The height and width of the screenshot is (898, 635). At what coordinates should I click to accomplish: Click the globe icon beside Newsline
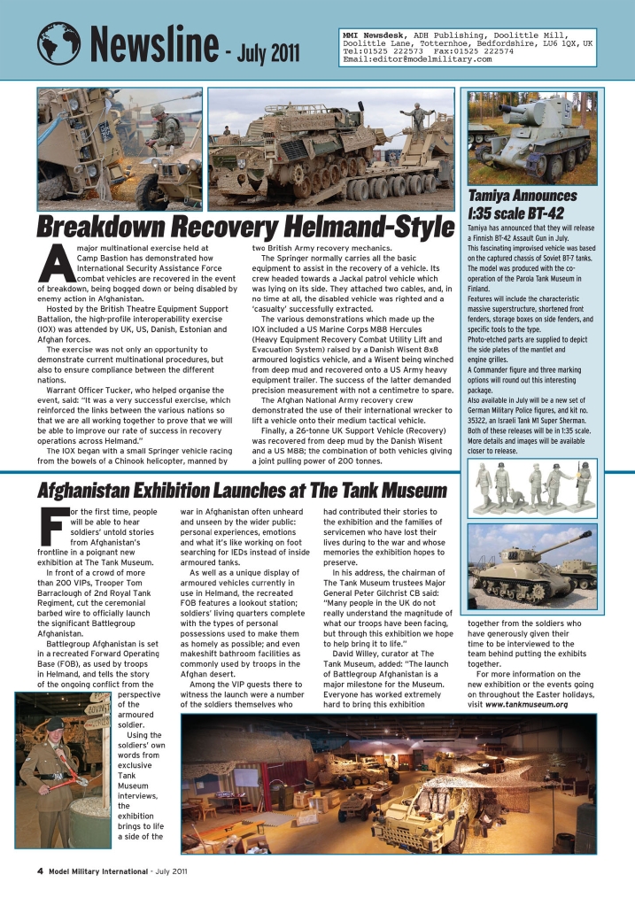coord(58,43)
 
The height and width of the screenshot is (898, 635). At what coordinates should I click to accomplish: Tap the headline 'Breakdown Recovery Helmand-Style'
coord(239,224)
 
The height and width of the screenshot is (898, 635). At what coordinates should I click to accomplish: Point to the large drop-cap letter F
coord(51,526)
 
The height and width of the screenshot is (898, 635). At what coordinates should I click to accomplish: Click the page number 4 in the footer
coord(40,871)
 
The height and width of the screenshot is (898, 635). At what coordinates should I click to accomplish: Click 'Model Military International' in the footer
coord(98,871)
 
